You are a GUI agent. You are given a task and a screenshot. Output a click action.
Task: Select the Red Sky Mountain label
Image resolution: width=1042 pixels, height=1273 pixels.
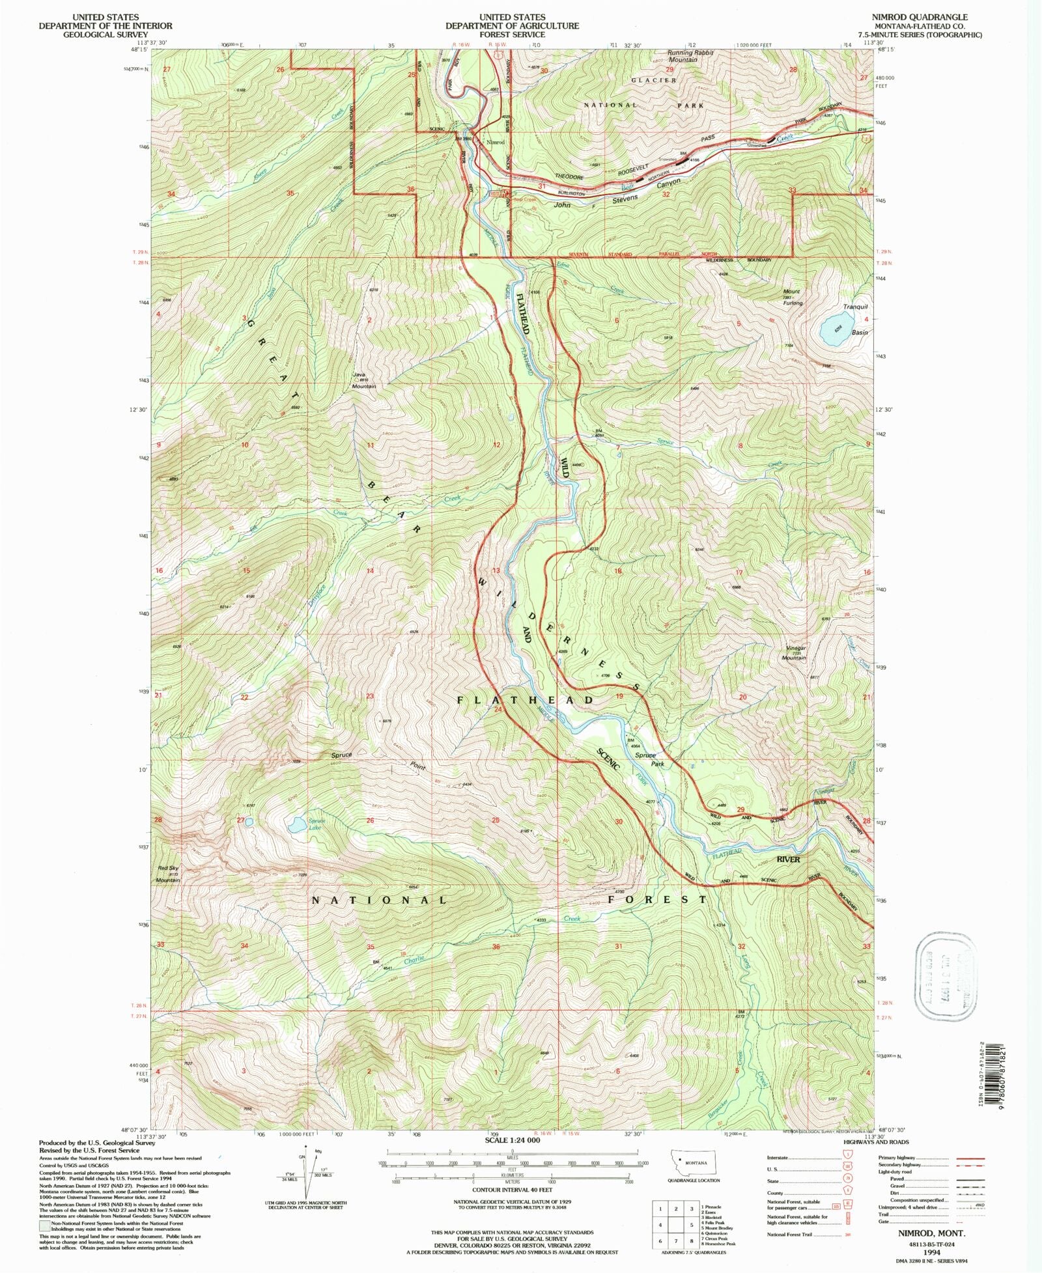pos(167,874)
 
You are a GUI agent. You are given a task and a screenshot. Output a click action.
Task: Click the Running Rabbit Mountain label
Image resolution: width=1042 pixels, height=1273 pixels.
pos(691,56)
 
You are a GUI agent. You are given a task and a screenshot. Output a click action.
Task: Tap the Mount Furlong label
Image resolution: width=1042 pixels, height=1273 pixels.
pos(793,298)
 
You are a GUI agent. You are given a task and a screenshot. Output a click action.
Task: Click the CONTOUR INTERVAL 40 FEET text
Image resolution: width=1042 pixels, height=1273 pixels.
pos(512,1190)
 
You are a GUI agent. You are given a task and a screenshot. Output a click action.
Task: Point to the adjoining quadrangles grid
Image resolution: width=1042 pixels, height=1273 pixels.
pos(675,1224)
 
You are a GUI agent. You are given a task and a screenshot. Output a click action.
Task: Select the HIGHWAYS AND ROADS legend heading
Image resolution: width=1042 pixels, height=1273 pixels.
pos(876,1141)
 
